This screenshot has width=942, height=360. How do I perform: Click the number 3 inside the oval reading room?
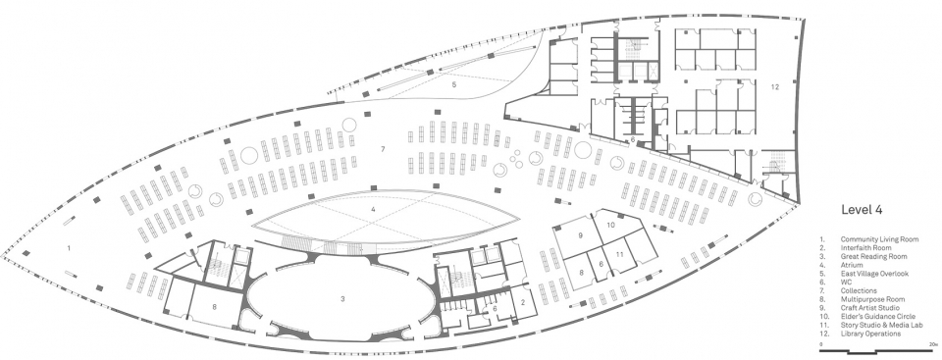(343, 299)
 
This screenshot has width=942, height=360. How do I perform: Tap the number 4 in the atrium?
(373, 210)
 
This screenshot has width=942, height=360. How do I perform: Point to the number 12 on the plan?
(775, 87)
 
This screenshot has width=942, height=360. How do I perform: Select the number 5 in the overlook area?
(454, 85)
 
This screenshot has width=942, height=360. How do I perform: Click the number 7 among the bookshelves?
(382, 148)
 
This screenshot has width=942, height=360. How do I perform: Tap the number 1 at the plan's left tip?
(69, 247)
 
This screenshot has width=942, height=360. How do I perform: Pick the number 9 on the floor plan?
(581, 235)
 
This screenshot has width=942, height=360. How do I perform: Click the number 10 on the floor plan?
(611, 225)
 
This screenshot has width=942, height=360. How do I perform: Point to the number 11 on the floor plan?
(619, 254)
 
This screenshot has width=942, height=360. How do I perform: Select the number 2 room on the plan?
(523, 303)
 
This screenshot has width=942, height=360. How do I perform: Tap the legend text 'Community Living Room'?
(879, 239)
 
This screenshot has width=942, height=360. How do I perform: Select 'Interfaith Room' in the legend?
(865, 247)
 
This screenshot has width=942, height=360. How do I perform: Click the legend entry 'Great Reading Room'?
(873, 257)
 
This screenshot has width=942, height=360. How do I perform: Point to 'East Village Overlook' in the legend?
(874, 274)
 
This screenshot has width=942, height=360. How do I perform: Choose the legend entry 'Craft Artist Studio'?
(871, 308)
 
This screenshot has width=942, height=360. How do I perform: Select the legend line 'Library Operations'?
(871, 334)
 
